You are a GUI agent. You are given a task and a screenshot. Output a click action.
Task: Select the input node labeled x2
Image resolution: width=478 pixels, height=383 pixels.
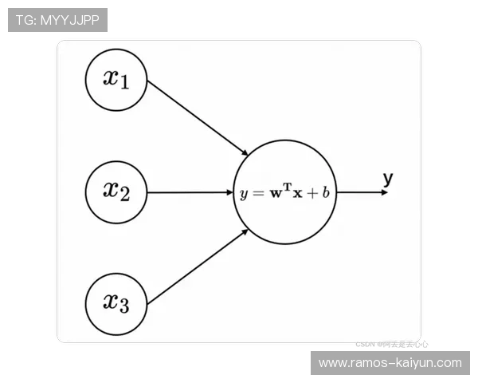[116, 191]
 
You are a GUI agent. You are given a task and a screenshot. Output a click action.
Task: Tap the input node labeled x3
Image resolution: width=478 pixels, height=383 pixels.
[116, 303]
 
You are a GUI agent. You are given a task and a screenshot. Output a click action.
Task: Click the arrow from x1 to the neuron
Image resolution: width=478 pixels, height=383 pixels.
[198, 117]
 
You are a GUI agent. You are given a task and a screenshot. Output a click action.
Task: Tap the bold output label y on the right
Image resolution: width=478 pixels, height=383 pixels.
[388, 179]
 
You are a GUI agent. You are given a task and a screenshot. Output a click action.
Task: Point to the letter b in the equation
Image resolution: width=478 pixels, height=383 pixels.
[326, 193]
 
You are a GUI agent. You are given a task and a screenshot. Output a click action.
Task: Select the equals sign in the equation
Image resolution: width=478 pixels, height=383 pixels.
[257, 194]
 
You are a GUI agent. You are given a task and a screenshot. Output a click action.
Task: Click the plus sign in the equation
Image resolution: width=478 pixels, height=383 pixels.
[311, 194]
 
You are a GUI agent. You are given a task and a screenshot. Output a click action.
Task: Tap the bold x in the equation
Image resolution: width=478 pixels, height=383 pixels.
[297, 194]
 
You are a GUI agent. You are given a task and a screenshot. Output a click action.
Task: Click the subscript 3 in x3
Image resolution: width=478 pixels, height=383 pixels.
[123, 307]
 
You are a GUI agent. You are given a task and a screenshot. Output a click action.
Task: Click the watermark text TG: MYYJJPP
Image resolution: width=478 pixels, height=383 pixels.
[57, 20]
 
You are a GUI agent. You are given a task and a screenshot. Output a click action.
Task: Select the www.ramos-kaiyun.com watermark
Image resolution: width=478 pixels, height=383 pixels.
[390, 363]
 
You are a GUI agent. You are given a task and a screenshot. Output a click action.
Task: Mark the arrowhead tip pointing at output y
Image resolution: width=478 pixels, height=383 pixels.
[387, 192]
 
